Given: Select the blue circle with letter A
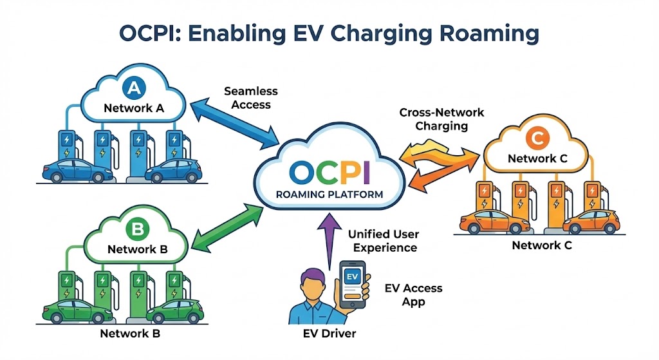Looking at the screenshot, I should pos(134,87).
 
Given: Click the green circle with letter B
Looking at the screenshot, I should pos(135,228).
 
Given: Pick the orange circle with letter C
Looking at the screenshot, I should pos(535,138).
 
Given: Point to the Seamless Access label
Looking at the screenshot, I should pos(248,99).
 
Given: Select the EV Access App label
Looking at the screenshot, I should pos(413,295).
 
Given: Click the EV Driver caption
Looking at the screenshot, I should pos(329,334).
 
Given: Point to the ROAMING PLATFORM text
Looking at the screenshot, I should pos(329,194).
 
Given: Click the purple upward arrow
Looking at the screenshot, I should pos(329,235).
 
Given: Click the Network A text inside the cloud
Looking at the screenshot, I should pos(134,108).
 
